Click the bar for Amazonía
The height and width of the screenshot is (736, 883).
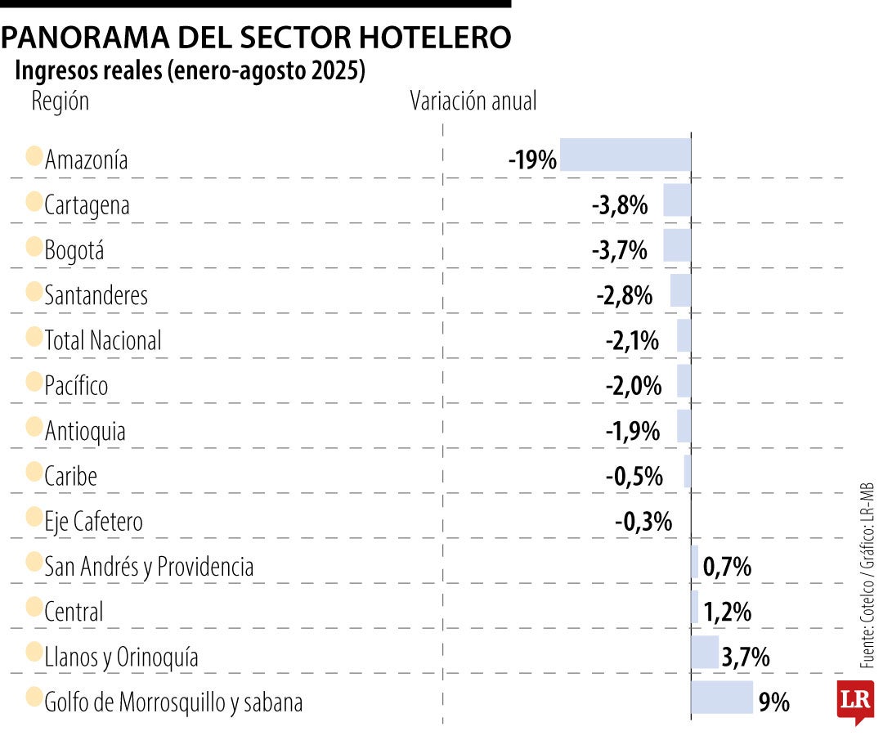[x=625, y=155]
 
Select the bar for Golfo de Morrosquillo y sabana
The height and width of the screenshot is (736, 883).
[x=722, y=698]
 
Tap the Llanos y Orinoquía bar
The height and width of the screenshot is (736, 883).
[x=705, y=653]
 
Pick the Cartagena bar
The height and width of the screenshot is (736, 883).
[x=677, y=200]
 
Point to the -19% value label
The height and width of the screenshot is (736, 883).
[x=532, y=159]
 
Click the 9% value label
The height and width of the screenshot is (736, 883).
[x=773, y=702]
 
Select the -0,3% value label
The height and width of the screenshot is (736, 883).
[x=643, y=521]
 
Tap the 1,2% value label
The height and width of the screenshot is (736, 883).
[x=728, y=612]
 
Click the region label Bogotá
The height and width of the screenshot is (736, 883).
[x=74, y=249]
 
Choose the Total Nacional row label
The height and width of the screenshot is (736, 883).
[x=103, y=340]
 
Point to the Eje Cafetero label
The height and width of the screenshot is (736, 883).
[x=93, y=521]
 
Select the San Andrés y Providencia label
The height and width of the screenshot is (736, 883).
[x=149, y=566]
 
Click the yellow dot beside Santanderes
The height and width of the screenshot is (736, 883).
[x=34, y=291]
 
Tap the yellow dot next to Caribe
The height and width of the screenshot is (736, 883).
[x=34, y=472]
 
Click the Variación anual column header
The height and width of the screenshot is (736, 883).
[x=473, y=101]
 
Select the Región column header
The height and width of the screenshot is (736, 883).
[x=60, y=101]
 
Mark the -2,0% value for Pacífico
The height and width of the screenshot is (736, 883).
[x=634, y=385]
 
